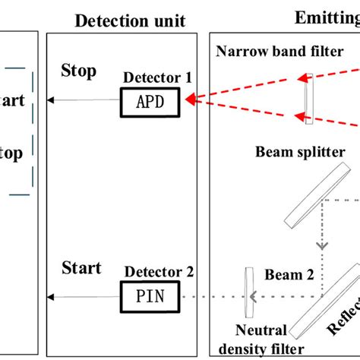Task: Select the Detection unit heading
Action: pyautogui.click(x=129, y=21)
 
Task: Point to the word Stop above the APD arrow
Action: pyautogui.click(x=78, y=72)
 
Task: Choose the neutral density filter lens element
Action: pyautogui.click(x=248, y=292)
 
